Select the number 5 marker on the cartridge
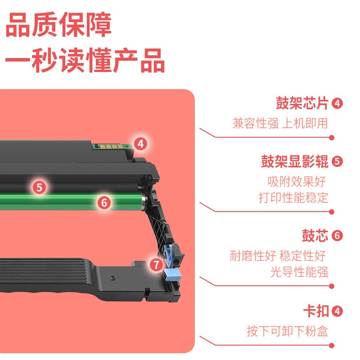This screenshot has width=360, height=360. [39, 187]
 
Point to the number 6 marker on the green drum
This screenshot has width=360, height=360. [104, 202]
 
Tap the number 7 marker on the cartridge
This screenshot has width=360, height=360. [156, 265]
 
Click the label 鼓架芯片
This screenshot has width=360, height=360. [302, 103]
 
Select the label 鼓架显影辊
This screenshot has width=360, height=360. [295, 162]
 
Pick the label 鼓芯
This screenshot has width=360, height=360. [315, 235]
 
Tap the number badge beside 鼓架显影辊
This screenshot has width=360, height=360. [337, 162]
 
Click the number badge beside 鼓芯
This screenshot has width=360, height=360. [337, 235]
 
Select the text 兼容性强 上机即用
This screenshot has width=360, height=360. [280, 123]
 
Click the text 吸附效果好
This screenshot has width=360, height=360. [297, 181]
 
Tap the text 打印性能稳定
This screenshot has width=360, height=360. [293, 198]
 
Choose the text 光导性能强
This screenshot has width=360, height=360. [299, 272]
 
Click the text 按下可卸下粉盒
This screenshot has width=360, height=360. [287, 331]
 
